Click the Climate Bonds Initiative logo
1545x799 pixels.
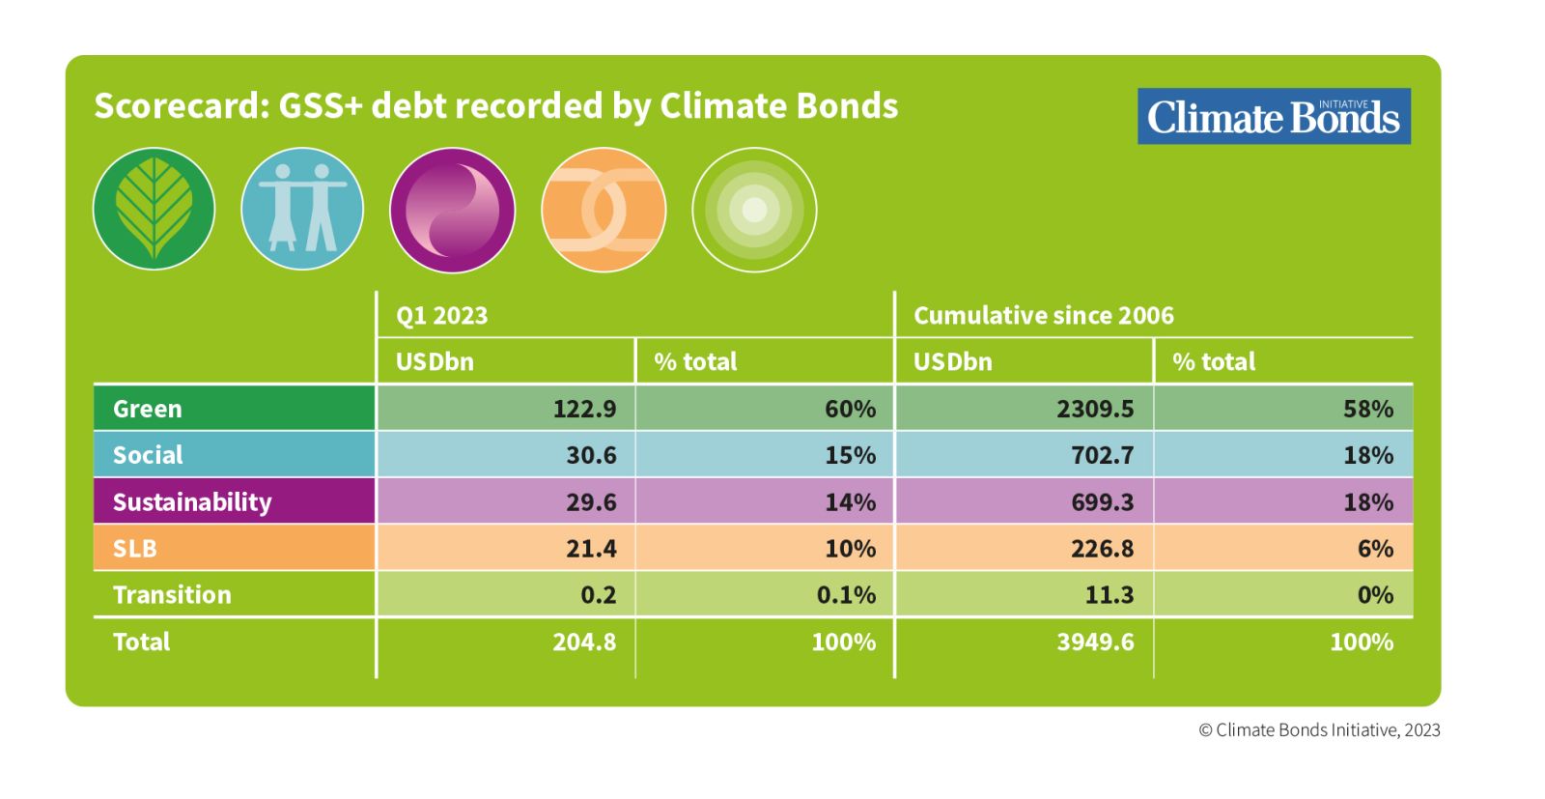coord(1274,116)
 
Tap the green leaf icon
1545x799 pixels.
coord(154,209)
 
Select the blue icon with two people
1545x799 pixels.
coord(302,209)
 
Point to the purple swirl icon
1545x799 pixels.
coord(453,210)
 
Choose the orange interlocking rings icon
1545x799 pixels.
coord(604,210)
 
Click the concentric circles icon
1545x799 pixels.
coord(754,210)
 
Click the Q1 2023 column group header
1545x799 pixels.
coord(441,315)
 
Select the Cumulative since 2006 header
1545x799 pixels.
coord(1044,315)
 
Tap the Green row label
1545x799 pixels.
coord(148,409)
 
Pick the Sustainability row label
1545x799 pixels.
coord(192,501)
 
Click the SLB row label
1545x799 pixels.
coord(135,549)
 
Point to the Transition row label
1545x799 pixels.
coord(173,595)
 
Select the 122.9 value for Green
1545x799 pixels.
coord(585,409)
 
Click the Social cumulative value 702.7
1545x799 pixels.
coord(1102,455)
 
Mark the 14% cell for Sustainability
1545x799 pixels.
coord(851,501)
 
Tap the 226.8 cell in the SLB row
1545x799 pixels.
coord(1102,549)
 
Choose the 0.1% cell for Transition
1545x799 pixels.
coord(846,595)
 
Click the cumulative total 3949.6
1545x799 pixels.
coord(1095,642)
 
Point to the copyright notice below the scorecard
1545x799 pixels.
coord(1319,730)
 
